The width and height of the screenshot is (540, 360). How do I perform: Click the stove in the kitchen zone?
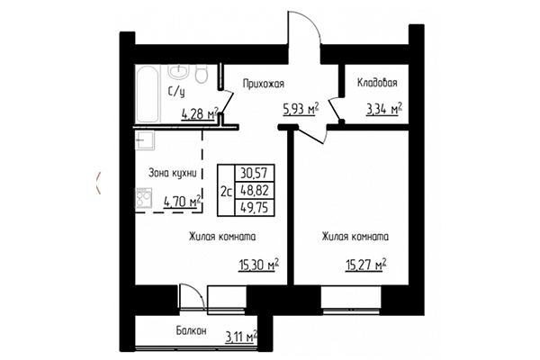(143, 197)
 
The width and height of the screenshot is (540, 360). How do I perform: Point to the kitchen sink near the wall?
(143, 140)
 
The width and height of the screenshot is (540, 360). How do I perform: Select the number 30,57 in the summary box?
(256, 172)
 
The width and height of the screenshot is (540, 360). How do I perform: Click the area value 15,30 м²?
(258, 265)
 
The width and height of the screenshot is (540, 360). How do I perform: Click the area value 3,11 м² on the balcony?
(239, 337)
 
